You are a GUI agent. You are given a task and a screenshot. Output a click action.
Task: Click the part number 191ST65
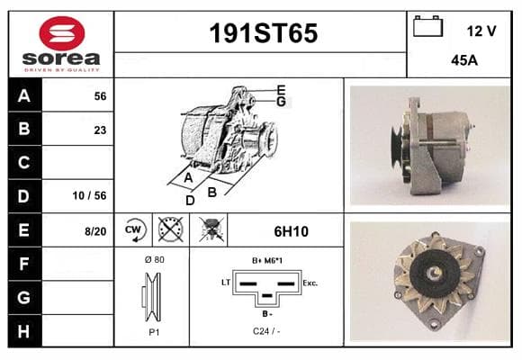point(264,33)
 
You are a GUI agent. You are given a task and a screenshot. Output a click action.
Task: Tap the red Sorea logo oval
point(62,33)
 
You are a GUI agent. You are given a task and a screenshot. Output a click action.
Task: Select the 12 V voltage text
point(481,31)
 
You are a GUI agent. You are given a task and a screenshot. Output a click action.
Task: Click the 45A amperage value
point(464,60)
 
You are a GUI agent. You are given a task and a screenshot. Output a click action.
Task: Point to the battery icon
point(427,26)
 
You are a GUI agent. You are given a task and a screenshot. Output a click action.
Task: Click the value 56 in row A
point(100,96)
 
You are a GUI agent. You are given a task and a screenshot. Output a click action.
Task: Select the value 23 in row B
point(100,130)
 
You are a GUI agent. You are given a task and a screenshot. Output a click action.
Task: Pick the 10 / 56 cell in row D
point(90,195)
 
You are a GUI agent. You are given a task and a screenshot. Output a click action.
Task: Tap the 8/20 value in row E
point(95,231)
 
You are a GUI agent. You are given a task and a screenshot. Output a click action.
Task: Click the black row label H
point(24,331)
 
